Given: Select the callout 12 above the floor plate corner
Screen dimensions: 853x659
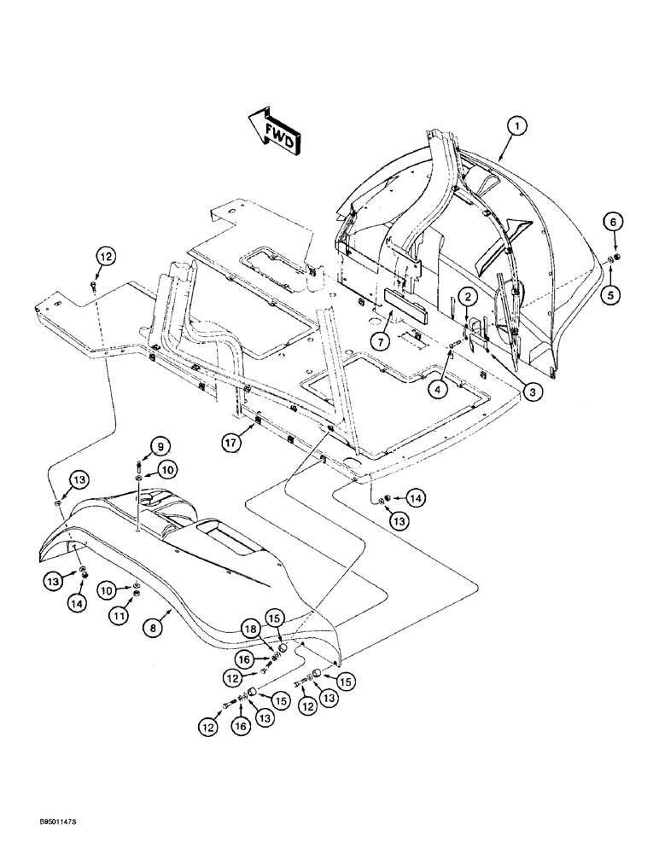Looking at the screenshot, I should (x=104, y=254).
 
